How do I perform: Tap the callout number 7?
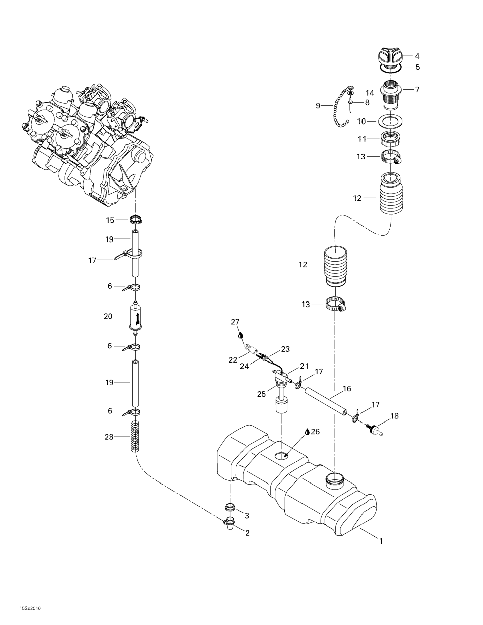click(417, 90)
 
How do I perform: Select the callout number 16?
click(347, 388)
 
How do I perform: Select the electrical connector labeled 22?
click(250, 349)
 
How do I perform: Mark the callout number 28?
click(109, 437)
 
